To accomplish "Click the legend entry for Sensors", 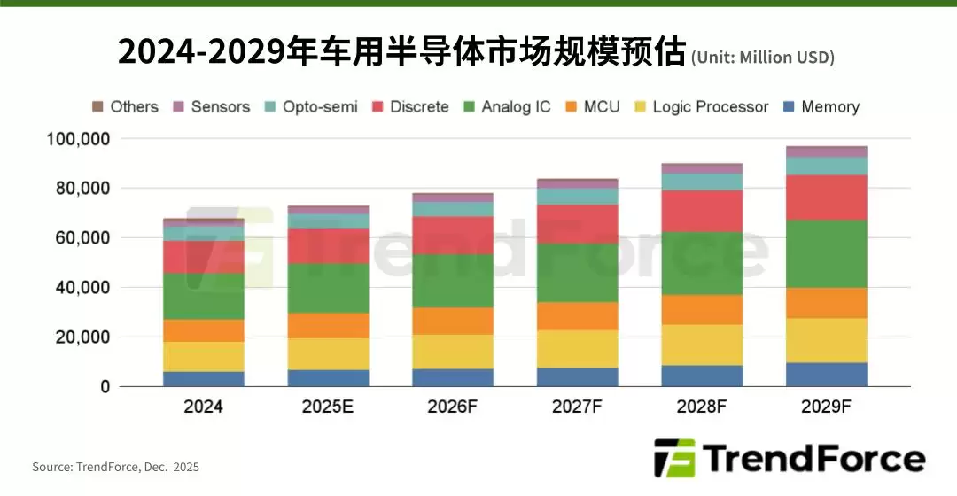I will click(212, 106).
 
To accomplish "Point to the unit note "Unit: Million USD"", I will click(762, 58).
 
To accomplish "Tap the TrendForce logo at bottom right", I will click(789, 459).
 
